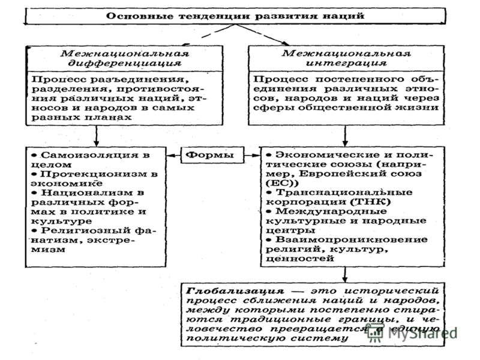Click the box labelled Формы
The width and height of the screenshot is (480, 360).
(x=212, y=155)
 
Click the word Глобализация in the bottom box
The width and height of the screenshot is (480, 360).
(x=235, y=291)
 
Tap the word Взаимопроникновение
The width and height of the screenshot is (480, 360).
(x=352, y=239)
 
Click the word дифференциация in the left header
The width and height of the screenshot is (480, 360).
(x=125, y=64)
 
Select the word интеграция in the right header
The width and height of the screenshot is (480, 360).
(x=346, y=64)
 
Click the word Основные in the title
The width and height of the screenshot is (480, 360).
(x=140, y=16)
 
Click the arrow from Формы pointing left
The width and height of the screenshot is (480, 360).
(x=173, y=155)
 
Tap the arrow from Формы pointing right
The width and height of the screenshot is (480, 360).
(x=252, y=155)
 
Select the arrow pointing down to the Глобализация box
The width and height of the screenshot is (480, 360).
(x=345, y=275)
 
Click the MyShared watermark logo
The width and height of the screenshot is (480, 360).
(x=412, y=333)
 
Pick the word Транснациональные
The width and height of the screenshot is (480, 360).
(x=344, y=193)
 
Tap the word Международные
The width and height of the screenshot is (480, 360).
(x=331, y=211)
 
